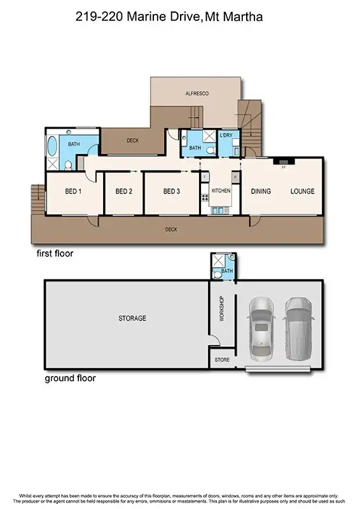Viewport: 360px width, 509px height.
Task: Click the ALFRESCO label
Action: click(x=197, y=94)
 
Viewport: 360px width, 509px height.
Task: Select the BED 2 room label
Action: click(x=123, y=191)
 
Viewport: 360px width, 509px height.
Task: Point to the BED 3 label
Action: click(x=172, y=191)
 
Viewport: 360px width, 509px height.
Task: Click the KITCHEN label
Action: click(x=221, y=191)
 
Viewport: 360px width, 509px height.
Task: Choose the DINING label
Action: click(x=261, y=191)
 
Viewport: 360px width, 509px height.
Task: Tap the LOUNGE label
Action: click(x=303, y=191)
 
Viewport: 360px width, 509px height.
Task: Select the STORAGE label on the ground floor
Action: click(x=132, y=318)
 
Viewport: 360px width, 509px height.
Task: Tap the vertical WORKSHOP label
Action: click(x=222, y=309)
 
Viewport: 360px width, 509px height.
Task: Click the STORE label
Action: click(x=222, y=360)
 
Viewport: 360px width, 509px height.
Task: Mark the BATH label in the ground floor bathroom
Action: click(x=227, y=271)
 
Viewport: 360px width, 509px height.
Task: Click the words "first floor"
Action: click(x=55, y=253)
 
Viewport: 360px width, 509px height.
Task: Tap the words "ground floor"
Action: click(x=70, y=378)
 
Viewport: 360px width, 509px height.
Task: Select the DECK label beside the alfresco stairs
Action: click(x=132, y=141)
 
